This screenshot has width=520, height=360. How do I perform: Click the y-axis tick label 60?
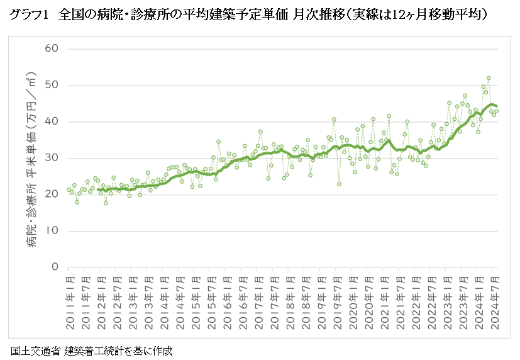52,48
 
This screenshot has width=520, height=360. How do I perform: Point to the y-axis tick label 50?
52,85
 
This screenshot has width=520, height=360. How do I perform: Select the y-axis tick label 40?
52,121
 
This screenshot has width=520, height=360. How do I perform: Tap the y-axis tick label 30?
52,158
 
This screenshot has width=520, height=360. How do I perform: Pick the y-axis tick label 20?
52,194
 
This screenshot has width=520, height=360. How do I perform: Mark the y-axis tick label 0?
55,267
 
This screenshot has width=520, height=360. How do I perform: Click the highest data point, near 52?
489,78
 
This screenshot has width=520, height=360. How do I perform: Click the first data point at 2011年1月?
69,189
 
